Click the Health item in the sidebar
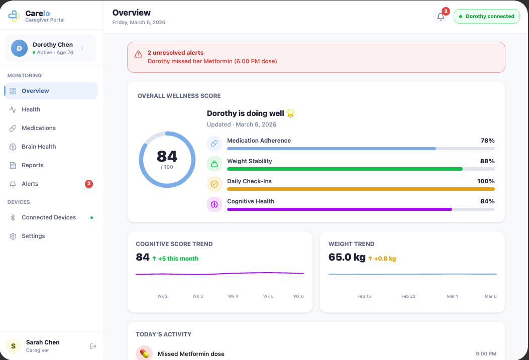pyautogui.click(x=31, y=109)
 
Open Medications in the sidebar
pyautogui.click(x=38, y=128)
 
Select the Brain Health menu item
pyautogui.click(x=38, y=147)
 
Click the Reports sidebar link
pyautogui.click(x=32, y=165)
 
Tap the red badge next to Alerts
pyautogui.click(x=89, y=184)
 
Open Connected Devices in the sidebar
pyautogui.click(x=49, y=217)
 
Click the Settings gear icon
pyautogui.click(x=13, y=236)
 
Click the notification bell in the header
pyautogui.click(x=441, y=17)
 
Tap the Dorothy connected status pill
pyautogui.click(x=486, y=17)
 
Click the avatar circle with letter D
pyautogui.click(x=19, y=48)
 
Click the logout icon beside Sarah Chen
pyautogui.click(x=93, y=346)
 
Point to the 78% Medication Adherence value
pyautogui.click(x=487, y=141)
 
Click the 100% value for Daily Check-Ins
pyautogui.click(x=486, y=181)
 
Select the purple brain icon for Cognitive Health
pyautogui.click(x=215, y=204)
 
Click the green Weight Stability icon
pyautogui.click(x=215, y=164)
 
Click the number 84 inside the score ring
pyautogui.click(x=167, y=156)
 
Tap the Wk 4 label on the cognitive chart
pyautogui.click(x=233, y=296)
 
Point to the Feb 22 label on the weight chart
pyautogui.click(x=408, y=296)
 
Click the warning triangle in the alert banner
pyautogui.click(x=138, y=54)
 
